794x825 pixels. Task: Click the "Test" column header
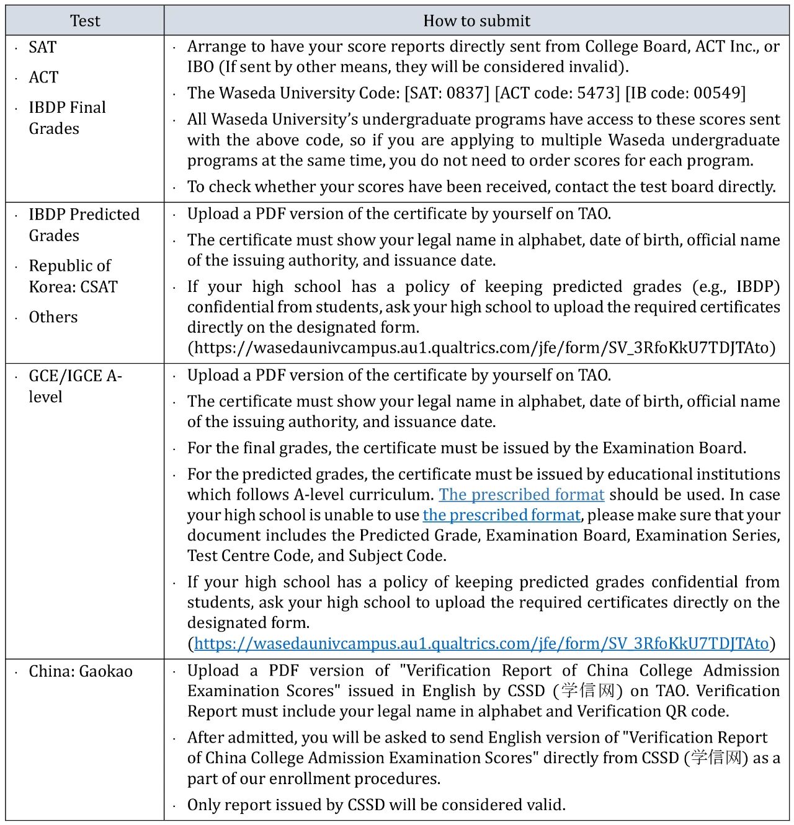pos(85,21)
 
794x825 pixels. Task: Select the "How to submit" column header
pos(476,21)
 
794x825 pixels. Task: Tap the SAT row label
pos(43,47)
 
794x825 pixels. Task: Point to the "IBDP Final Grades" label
pos(67,118)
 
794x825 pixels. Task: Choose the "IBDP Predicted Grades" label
pos(84,224)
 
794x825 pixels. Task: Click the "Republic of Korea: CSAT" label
pos(73,276)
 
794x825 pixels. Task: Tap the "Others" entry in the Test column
pos(53,317)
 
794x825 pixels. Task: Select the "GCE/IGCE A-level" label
pos(74,386)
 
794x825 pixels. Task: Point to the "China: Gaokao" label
pos(81,671)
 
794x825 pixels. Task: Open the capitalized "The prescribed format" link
pos(521,495)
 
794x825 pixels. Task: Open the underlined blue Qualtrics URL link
pos(481,643)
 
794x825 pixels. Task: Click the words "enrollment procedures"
pos(360,779)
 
